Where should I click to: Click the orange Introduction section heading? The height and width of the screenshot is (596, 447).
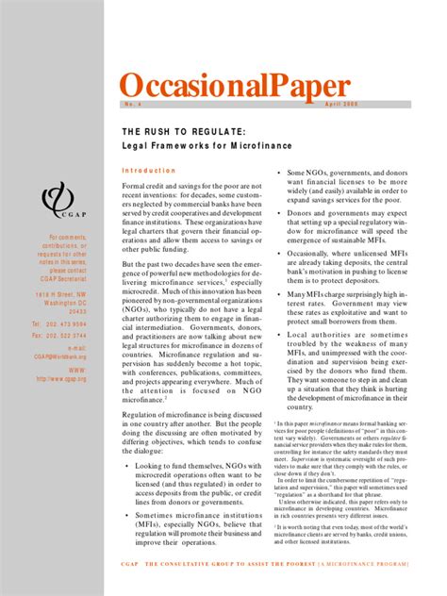[x=149, y=171]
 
